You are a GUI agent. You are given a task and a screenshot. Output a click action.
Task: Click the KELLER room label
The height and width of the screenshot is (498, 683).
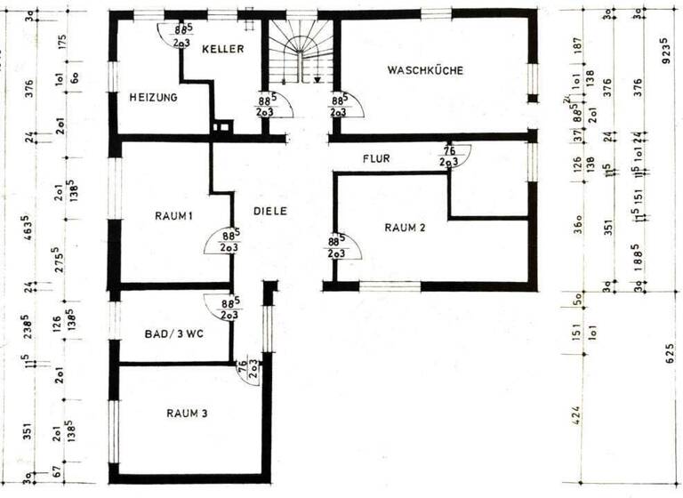pos(222,50)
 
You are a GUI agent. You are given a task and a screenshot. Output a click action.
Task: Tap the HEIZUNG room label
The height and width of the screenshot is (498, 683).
pos(153,97)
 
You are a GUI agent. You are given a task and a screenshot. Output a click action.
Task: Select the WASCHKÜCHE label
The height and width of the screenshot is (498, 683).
pos(425,70)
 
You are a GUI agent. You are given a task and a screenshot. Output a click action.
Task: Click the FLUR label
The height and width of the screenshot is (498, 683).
pos(376,158)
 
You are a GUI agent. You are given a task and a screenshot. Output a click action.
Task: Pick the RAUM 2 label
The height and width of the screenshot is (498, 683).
pos(406,228)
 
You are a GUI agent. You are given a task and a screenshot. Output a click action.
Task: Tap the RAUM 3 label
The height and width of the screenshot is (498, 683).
pos(187,413)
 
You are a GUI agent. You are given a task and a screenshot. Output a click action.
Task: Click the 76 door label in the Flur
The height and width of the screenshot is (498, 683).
pos(448,152)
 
